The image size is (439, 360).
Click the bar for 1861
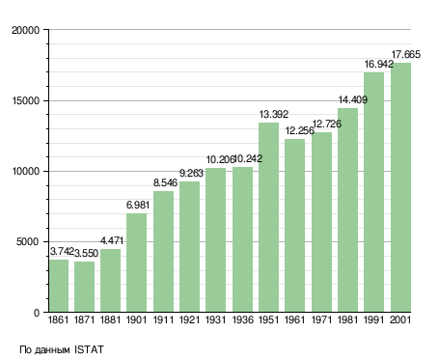coord(59,286)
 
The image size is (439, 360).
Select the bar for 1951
coord(268,217)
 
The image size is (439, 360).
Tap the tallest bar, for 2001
coord(400,187)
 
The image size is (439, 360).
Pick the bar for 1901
coord(136,263)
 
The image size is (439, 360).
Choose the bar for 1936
coord(242,239)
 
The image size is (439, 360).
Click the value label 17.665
coord(405,54)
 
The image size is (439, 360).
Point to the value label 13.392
coord(274,114)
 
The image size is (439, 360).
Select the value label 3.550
coord(86,254)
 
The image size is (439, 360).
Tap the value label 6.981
coord(138,205)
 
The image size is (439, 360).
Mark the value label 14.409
coord(353,100)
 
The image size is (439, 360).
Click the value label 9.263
coord(191,174)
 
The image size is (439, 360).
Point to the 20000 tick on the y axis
coord(25,30)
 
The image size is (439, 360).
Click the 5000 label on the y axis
coord(28,241)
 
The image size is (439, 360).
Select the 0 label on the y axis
coord(37,313)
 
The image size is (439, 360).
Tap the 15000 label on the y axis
coord(25,100)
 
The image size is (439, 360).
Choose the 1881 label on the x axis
coord(110,320)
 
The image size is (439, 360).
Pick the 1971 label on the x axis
coord(321,320)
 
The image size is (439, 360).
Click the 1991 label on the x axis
coord(374,320)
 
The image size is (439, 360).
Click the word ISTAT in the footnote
coord(89,349)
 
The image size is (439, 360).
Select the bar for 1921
coord(189,247)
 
